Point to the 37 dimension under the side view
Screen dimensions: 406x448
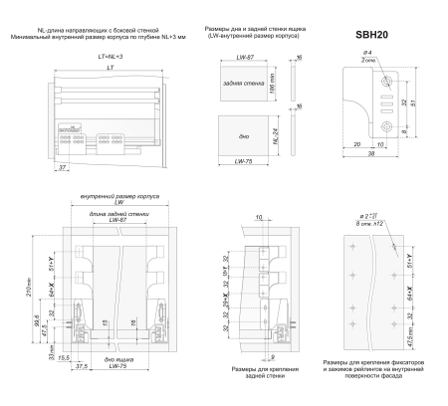(x=64, y=170)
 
